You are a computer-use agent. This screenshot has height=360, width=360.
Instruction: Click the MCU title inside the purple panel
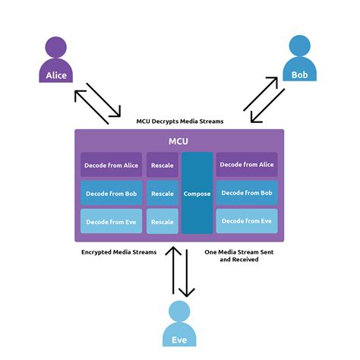pyautogui.click(x=179, y=141)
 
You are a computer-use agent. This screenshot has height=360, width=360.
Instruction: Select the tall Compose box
pyautogui.click(x=197, y=193)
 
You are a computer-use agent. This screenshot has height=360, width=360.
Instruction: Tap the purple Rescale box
pyautogui.click(x=163, y=165)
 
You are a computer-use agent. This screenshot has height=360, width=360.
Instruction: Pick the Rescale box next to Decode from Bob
pyautogui.click(x=163, y=193)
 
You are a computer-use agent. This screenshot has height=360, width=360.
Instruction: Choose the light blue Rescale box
pyautogui.click(x=163, y=221)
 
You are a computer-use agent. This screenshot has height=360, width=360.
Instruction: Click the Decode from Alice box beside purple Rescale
pyautogui.click(x=111, y=165)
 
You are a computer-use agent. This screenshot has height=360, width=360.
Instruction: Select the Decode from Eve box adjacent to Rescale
pyautogui.click(x=111, y=221)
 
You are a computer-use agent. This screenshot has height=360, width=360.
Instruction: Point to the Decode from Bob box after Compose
pyautogui.click(x=247, y=193)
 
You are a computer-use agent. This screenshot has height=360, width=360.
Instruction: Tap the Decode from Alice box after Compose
pyautogui.click(x=247, y=165)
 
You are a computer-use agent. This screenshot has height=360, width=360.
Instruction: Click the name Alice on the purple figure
pyautogui.click(x=56, y=75)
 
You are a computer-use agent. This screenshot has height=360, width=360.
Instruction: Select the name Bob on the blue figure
pyautogui.click(x=300, y=75)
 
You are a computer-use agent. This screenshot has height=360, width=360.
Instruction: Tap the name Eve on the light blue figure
pyautogui.click(x=179, y=340)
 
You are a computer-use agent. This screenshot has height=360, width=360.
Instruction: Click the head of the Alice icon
pyautogui.click(x=56, y=47)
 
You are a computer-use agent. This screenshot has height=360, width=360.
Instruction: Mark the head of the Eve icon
pyautogui.click(x=179, y=311)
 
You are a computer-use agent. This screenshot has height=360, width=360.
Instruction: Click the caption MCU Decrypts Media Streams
pyautogui.click(x=179, y=121)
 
